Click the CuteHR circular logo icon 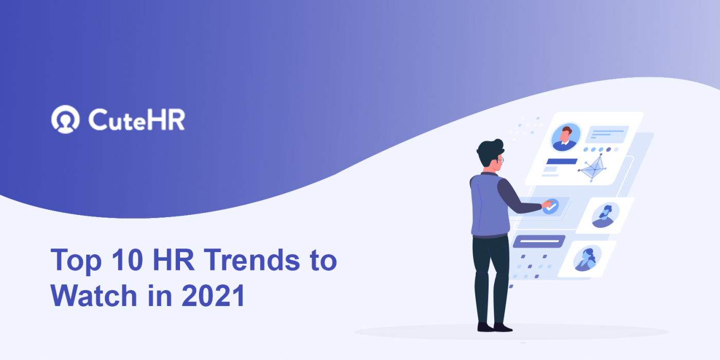coord(65,119)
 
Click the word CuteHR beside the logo coord(136,120)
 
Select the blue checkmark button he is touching coord(550,207)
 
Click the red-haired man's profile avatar coord(566,137)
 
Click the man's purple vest coord(483,206)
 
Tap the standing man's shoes coord(494,327)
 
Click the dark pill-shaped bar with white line coord(539,241)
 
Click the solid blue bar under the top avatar coord(562,161)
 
